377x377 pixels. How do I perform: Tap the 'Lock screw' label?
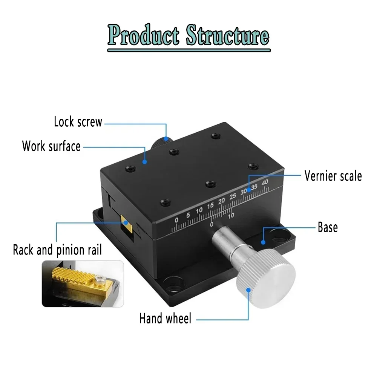[x=78, y=122]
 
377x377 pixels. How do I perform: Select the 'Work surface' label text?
[x=51, y=146]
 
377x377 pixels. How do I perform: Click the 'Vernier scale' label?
[x=333, y=176]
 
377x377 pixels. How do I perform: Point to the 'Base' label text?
[x=328, y=227]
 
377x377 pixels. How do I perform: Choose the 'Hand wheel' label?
[x=165, y=318]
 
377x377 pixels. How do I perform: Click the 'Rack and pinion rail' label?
[x=57, y=250]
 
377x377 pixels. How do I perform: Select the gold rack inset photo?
[x=83, y=283]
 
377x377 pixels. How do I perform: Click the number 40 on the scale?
[x=265, y=182]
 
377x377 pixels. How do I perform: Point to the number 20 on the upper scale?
[x=222, y=200]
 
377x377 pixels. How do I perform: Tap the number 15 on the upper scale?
[x=210, y=205]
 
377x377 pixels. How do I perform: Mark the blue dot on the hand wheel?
[x=248, y=290]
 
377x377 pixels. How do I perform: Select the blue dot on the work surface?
[x=144, y=161]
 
